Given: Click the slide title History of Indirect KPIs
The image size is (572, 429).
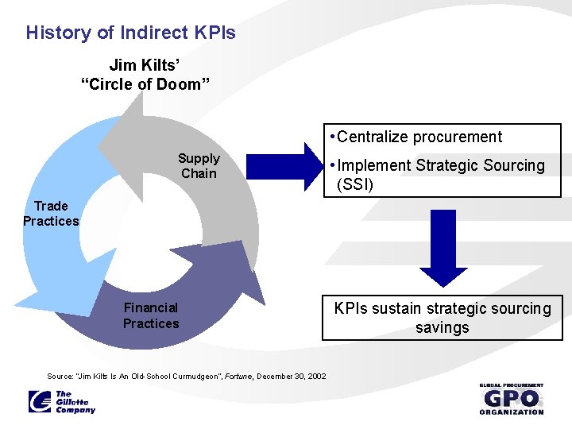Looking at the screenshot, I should (x=130, y=33).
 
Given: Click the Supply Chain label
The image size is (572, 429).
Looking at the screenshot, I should (x=199, y=166).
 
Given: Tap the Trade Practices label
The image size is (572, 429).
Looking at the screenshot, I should (x=51, y=214).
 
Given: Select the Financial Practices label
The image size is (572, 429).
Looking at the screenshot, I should (x=151, y=315).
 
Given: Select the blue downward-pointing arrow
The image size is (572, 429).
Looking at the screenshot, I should (x=443, y=246).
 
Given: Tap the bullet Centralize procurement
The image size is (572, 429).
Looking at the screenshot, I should (x=419, y=137).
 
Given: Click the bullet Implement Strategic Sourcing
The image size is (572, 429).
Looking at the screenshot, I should (x=440, y=165).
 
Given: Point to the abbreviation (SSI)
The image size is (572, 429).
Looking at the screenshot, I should (x=355, y=185).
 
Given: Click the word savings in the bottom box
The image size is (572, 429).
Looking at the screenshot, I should (x=443, y=327).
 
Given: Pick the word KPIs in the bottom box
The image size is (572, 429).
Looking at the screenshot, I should (x=352, y=308).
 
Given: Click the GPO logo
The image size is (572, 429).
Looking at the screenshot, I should (x=512, y=398).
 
